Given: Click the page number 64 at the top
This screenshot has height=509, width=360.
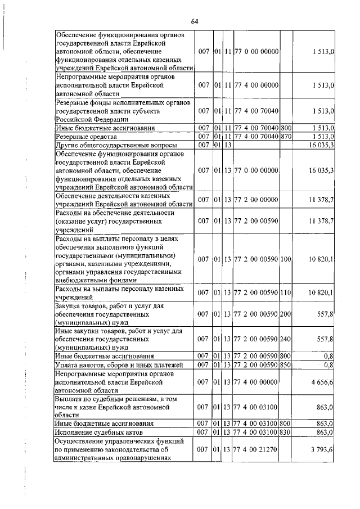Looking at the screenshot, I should pos(195,21).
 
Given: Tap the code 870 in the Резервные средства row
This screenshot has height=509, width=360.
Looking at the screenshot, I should pos(286,137).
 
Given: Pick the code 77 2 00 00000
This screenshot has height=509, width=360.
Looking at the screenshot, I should pos(256,200).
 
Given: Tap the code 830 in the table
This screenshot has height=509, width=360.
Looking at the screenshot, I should pos(286,432).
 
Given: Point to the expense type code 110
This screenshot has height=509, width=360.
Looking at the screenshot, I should pos(286,293).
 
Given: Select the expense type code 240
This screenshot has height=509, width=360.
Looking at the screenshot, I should pos(286,339).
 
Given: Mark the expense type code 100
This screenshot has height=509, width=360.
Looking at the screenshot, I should pos(286,259).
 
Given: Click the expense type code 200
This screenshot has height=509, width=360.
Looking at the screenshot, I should pos(286,314).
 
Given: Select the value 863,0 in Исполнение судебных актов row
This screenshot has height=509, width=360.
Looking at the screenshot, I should pos(324,432).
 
